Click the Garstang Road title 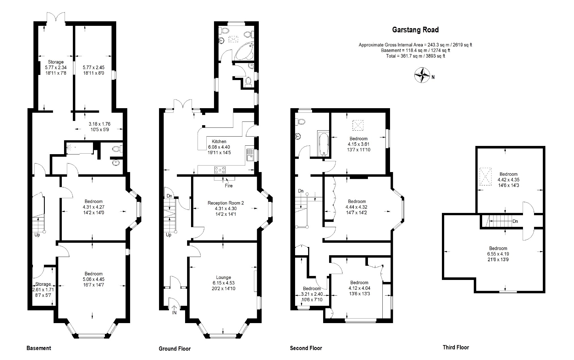click(415, 30)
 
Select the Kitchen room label click(219, 141)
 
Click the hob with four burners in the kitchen click(220, 170)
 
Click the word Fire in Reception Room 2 click(229, 186)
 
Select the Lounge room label click(224, 277)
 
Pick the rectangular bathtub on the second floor click(323, 144)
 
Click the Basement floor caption click(39, 348)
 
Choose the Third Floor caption click(456, 347)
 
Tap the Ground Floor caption click(175, 349)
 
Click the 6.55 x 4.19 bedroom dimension click(498, 254)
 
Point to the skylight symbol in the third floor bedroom click(486, 177)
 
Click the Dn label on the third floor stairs click(515, 221)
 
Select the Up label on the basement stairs click(37, 235)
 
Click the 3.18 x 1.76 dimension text click(99, 124)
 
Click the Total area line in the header click(416, 56)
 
